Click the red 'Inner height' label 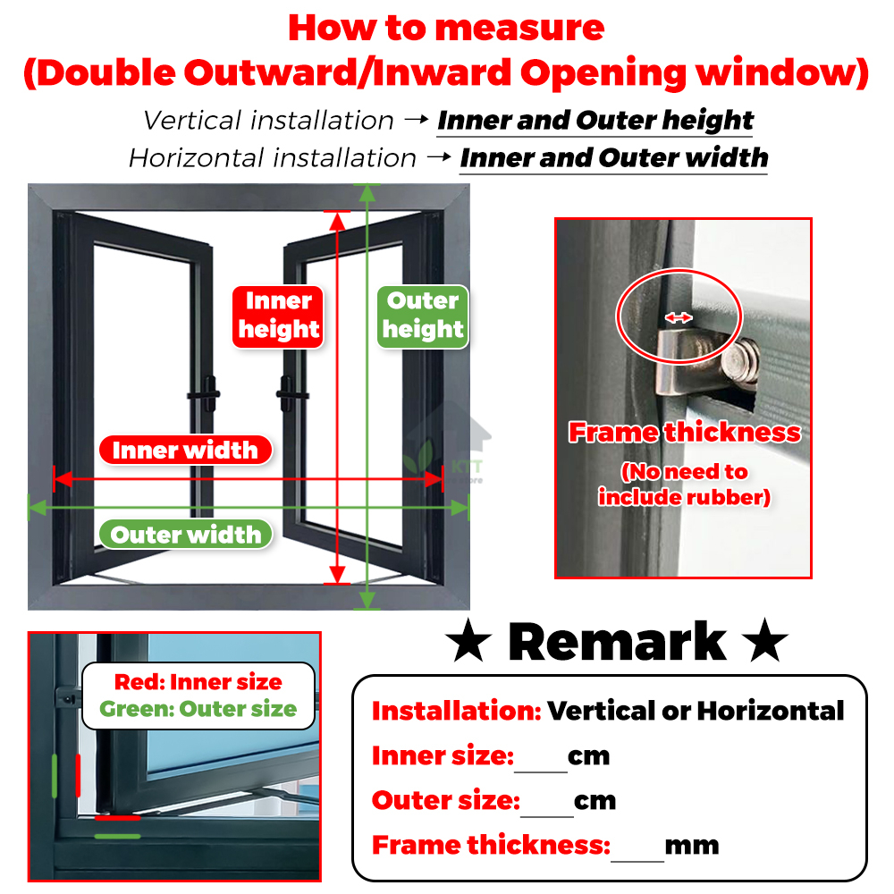click(278, 316)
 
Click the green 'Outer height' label click(423, 316)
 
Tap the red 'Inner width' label click(185, 451)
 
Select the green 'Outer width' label click(186, 535)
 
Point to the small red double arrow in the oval click(679, 316)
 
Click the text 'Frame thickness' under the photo click(685, 433)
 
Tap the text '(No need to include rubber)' click(685, 485)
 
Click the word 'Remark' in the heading click(617, 642)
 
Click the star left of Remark click(469, 644)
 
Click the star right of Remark click(765, 644)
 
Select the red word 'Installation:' click(456, 712)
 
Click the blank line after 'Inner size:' click(541, 760)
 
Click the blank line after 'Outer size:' click(546, 805)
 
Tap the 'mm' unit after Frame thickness click(692, 845)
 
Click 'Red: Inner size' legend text click(198, 682)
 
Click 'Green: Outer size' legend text click(198, 710)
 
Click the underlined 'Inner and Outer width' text click(613, 158)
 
